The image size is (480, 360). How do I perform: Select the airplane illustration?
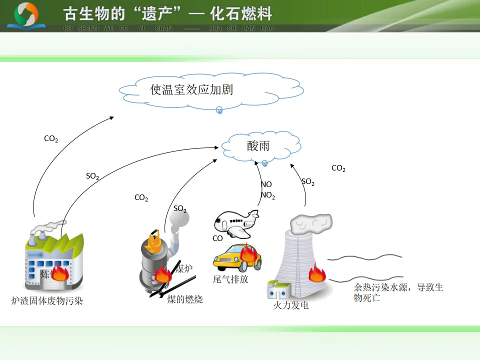point(236,223)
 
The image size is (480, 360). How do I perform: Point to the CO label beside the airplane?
point(217,238)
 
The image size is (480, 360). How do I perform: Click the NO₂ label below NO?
point(268,195)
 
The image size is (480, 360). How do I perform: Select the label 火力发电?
point(290,305)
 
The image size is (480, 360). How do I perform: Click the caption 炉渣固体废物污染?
point(47,301)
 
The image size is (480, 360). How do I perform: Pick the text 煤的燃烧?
point(185,299)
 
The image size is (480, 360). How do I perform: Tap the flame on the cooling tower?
point(317,273)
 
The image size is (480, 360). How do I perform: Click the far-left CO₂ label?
point(51,139)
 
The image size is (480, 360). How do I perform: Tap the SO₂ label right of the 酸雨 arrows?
point(308,182)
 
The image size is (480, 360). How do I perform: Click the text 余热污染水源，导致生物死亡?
point(398,292)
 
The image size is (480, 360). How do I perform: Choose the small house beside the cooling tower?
point(278,290)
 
